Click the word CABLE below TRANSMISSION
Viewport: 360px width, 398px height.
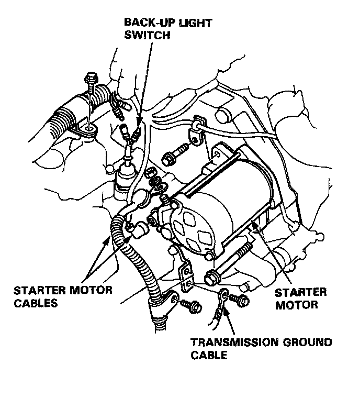point(208,356)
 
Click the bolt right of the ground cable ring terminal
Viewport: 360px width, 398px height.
point(242,301)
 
